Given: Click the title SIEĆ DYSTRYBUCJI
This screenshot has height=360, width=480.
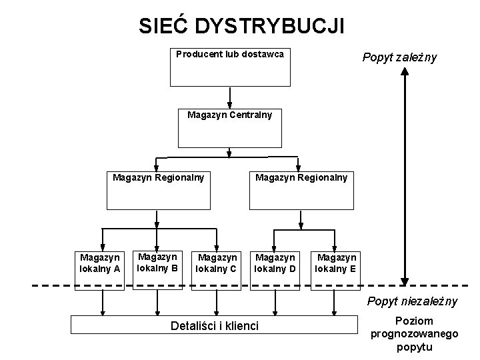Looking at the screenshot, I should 242,25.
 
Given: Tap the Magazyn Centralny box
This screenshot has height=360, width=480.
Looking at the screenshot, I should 229,127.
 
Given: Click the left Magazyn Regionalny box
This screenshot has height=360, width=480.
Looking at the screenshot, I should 157,191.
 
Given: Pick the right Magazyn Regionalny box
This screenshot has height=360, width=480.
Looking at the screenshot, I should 301,191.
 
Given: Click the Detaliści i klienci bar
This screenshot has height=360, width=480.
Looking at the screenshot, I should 215,325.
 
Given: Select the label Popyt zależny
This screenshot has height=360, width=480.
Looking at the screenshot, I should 399,57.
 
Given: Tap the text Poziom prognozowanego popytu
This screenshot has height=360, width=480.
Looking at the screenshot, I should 414,333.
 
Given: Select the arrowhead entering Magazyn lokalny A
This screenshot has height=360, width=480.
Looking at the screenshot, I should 101,244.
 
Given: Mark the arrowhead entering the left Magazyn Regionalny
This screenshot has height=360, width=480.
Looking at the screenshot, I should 157,167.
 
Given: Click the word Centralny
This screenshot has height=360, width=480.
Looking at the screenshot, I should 251,115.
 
